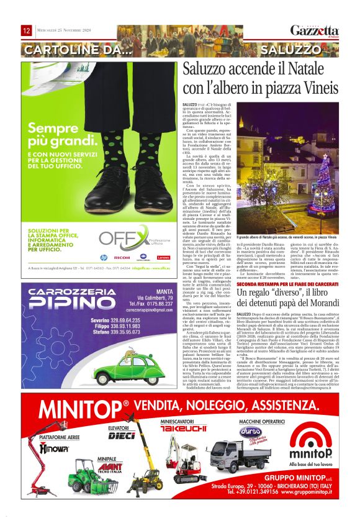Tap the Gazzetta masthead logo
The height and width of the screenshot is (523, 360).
click(x=315, y=31)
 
